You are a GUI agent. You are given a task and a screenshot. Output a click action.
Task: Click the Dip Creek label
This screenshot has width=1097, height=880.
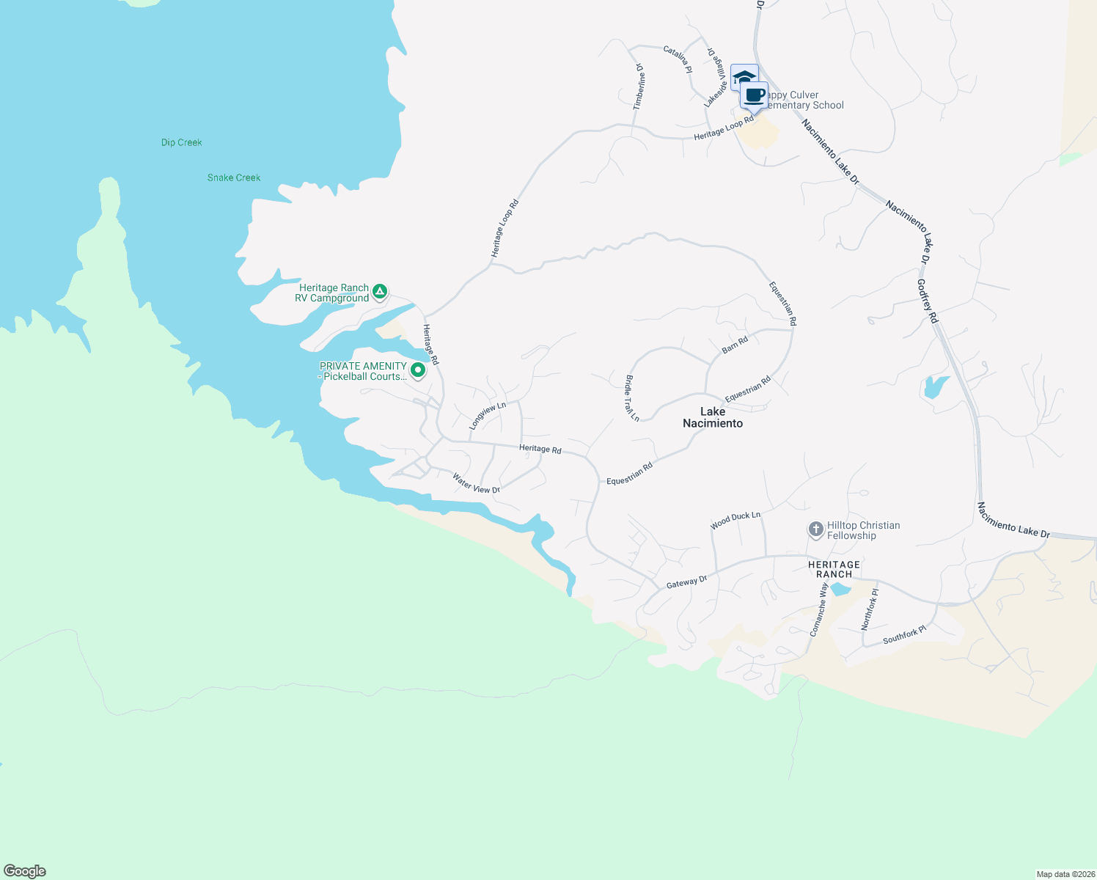click(181, 142)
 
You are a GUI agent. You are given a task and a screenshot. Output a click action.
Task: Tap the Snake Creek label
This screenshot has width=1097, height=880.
click(234, 177)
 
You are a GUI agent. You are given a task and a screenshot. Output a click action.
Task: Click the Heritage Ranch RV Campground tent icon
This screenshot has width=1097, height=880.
click(380, 292)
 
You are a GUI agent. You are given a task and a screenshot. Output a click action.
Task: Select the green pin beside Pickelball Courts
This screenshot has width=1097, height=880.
click(418, 370)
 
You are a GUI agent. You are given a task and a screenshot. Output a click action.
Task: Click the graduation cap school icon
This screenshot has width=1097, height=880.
click(744, 77)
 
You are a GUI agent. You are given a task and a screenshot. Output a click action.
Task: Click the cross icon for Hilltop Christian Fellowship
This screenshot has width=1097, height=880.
click(815, 529)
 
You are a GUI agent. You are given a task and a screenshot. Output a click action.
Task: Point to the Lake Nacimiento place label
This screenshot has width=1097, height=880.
click(713, 417)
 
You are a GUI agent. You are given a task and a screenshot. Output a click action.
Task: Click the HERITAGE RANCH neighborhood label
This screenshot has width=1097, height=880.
click(834, 569)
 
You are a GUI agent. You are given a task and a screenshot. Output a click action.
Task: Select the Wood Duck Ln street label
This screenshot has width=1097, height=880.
click(735, 520)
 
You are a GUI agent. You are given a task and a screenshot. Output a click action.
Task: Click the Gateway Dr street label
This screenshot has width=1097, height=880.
click(686, 582)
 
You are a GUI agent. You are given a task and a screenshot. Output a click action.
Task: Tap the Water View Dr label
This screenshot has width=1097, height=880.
click(476, 483)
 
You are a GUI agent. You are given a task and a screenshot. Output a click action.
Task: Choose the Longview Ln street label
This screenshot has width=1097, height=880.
click(488, 416)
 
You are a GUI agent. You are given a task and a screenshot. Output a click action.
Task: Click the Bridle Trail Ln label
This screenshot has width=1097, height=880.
click(632, 398)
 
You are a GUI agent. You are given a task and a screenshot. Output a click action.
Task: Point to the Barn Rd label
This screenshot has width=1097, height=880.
click(735, 345)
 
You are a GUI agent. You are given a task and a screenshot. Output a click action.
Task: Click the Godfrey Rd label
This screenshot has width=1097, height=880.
click(928, 301)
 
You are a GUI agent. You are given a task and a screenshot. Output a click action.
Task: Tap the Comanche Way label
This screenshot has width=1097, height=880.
click(819, 608)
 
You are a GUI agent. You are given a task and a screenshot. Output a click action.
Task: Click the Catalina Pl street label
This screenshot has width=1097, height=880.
click(678, 59)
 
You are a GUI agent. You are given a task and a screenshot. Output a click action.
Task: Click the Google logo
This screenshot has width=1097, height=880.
click(25, 871)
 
